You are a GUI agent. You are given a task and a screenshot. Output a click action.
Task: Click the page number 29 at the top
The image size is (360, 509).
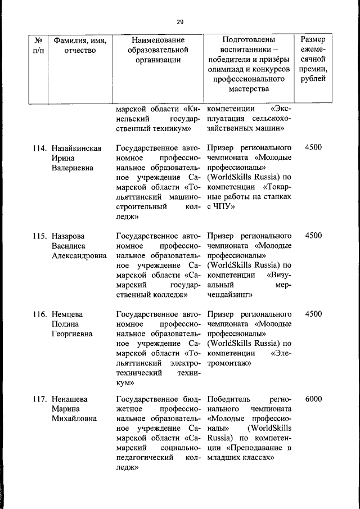(x=180, y=22)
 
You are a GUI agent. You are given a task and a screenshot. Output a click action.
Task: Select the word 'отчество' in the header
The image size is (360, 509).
(x=79, y=51)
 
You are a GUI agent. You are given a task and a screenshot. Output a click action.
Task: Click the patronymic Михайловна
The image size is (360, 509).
(x=74, y=418)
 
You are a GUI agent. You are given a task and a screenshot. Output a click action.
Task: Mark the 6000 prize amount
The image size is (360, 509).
(x=313, y=399)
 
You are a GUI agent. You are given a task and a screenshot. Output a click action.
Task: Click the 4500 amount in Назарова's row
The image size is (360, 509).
(x=313, y=235)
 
